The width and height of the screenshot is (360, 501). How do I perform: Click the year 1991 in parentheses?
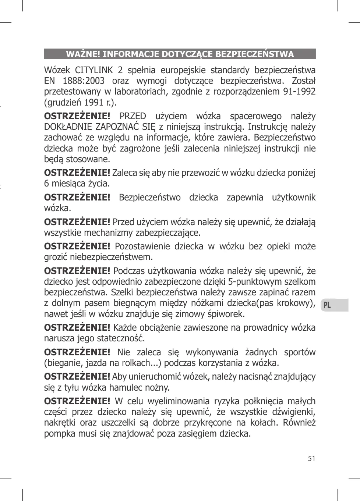93,102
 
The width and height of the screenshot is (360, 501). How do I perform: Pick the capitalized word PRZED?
133,116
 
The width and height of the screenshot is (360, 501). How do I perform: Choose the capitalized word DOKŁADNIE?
68,127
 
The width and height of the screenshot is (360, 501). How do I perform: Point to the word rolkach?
137,363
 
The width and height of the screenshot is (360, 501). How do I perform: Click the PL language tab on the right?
327,305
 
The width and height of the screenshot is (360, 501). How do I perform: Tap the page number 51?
312,458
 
